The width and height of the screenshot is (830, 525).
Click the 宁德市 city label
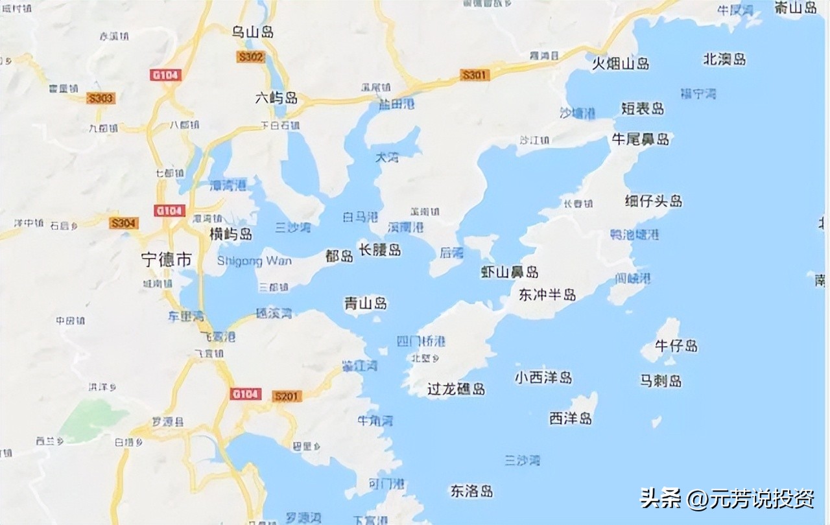pos(167,259)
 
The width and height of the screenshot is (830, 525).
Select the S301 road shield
pos(474,75)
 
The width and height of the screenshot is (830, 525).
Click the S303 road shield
pos(101,99)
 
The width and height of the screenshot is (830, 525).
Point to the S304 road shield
pos(123,224)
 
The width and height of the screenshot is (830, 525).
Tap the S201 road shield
pos(287,395)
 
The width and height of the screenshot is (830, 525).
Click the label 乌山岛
pos(253,31)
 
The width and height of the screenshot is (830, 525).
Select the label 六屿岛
pos(276,98)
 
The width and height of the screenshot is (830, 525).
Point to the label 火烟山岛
pos(621,63)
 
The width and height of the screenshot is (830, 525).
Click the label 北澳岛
pos(724,59)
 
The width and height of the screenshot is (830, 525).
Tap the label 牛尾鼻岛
pos(641,139)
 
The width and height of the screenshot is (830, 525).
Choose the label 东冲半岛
pos(547,295)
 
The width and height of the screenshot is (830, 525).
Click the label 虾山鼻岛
pos(510,272)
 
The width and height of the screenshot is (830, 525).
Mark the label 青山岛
pos(366,303)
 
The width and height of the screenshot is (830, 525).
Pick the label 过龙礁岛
pos(456,389)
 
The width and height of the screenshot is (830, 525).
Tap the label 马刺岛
pos(661,380)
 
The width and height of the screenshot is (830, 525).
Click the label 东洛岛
pos(472,491)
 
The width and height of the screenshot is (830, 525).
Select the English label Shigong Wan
pos(254,261)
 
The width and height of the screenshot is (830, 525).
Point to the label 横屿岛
pos(231,234)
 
